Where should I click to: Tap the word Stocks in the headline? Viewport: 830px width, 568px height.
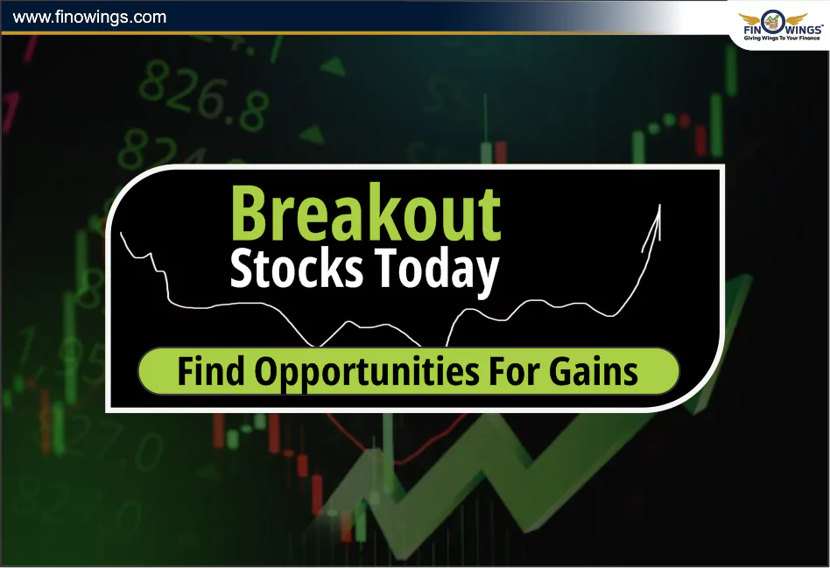tap(296, 270)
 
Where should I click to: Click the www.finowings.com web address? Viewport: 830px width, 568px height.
tap(90, 17)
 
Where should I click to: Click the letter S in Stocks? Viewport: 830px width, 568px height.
tap(242, 270)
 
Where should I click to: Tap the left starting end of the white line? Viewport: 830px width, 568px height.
tap(121, 232)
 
